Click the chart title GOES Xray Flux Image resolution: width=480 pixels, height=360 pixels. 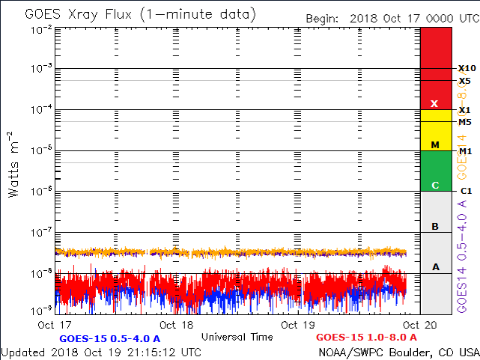139,14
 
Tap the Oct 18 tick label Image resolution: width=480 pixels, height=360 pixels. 177,325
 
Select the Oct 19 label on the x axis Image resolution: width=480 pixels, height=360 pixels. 298,325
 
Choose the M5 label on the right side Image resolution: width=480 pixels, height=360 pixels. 465,122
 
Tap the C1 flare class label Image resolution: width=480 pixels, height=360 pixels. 465,191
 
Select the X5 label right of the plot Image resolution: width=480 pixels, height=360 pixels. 465,81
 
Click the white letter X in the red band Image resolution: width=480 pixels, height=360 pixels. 434,103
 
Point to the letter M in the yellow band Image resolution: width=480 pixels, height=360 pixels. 434,144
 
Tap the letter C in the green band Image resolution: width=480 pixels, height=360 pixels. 434,185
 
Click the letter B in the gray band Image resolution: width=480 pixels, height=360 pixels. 434,226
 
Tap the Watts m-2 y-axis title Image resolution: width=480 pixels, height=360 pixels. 13,164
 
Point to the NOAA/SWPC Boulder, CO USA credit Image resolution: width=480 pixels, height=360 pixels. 398,352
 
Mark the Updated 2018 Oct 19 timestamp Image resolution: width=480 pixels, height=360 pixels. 100,352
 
